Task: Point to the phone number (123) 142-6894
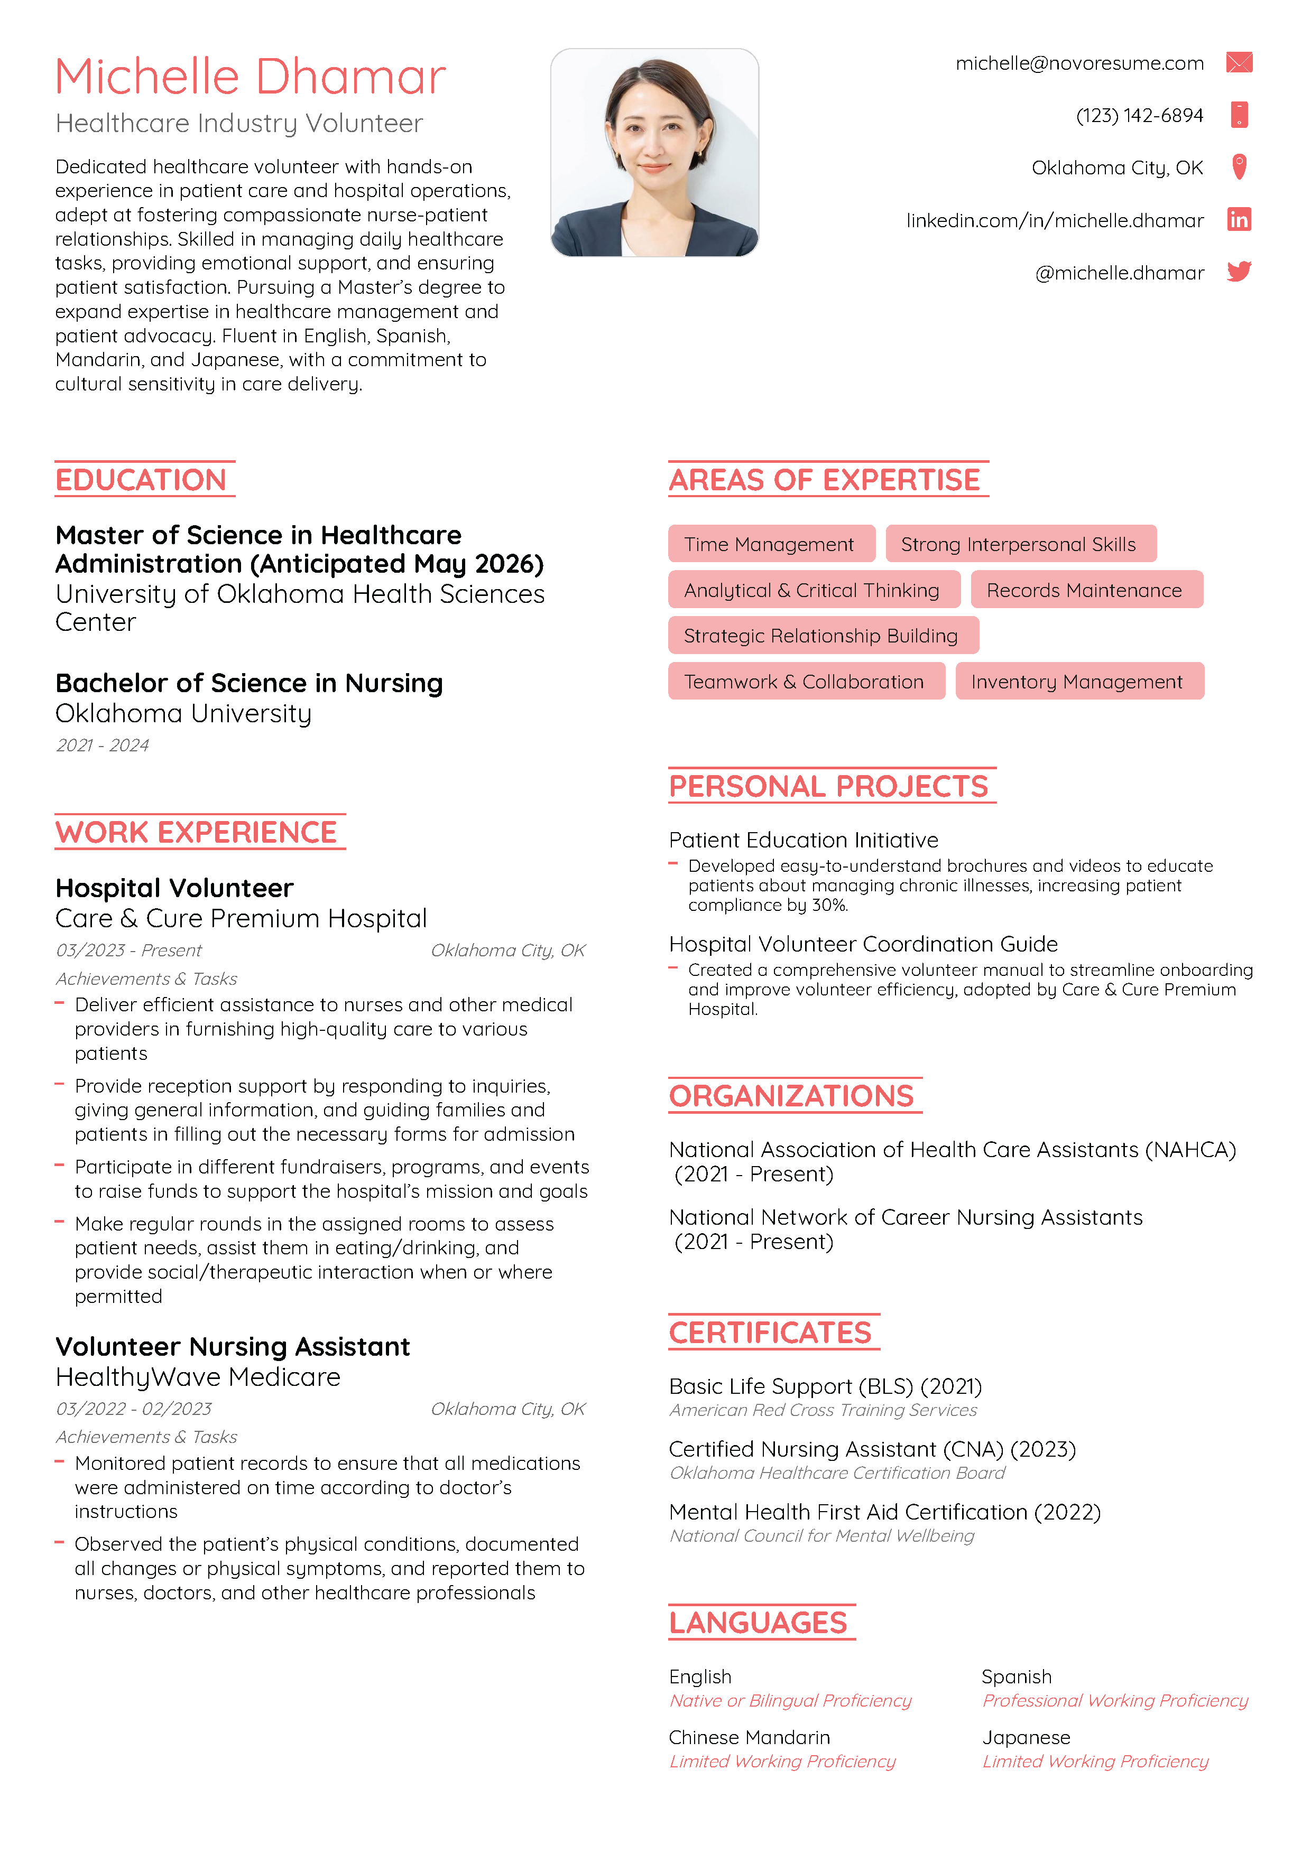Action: point(1139,116)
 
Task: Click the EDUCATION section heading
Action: point(141,480)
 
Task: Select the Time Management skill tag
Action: point(769,544)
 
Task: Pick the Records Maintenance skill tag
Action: point(1084,590)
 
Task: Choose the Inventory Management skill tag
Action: point(1077,682)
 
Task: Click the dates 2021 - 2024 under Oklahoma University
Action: point(103,746)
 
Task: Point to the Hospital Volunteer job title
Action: point(174,888)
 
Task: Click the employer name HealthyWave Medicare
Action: point(198,1377)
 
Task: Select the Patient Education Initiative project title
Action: point(803,841)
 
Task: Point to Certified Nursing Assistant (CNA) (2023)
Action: point(872,1449)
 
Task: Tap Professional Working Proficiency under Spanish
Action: point(1115,1701)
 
